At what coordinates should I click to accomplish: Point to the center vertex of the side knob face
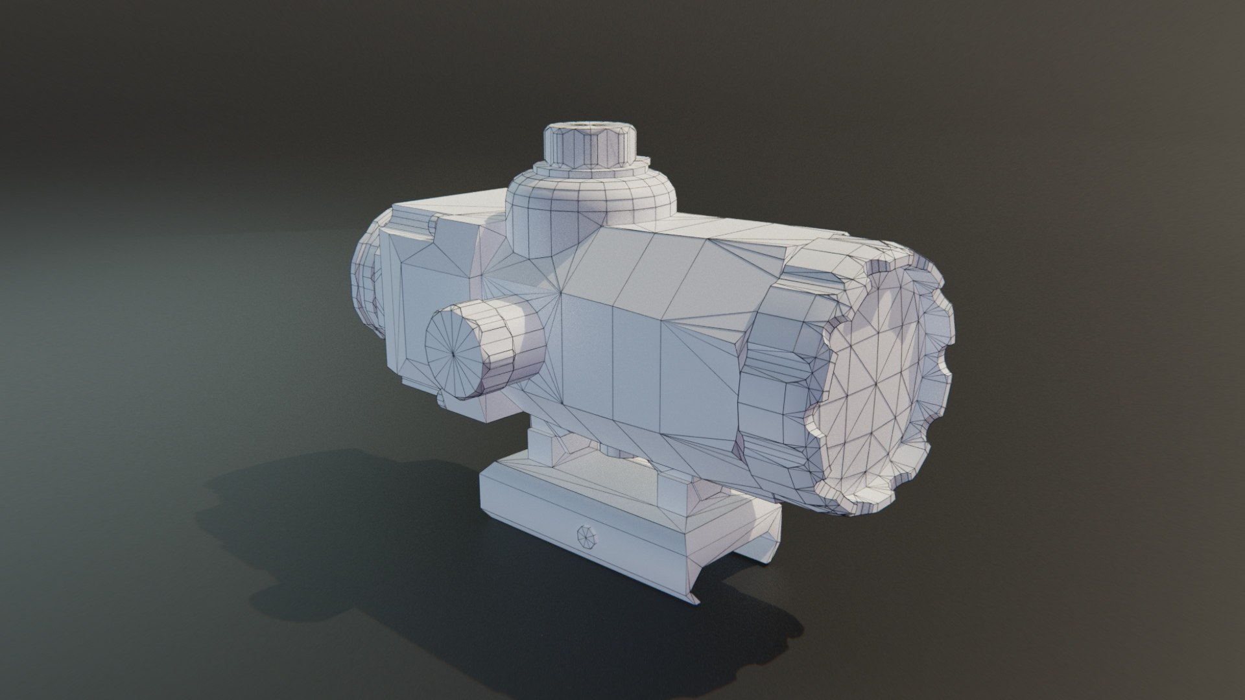coord(452,355)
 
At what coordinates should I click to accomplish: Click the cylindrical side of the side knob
coord(512,353)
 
